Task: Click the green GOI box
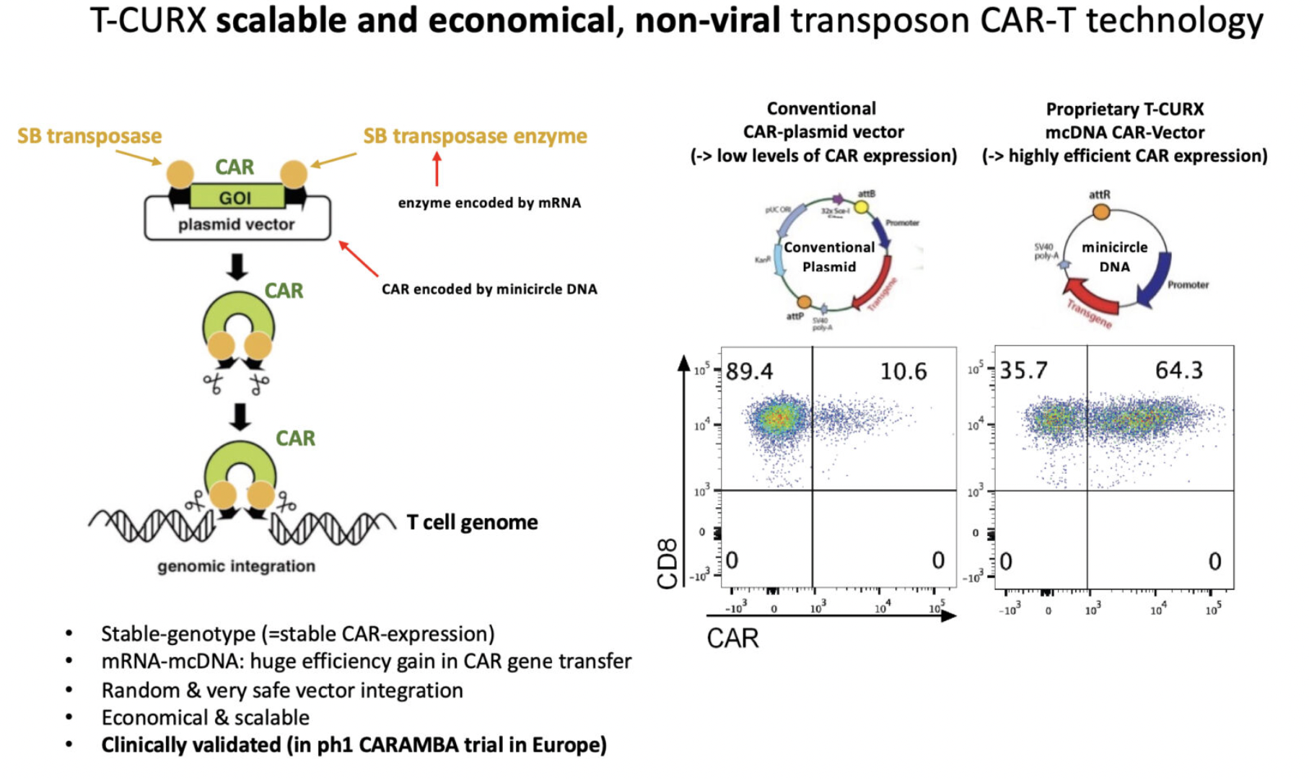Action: (236, 197)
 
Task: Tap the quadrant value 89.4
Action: (749, 371)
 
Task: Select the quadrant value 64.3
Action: (1179, 370)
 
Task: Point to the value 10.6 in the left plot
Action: (903, 371)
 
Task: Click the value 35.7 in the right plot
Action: (1023, 370)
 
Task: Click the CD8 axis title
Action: (667, 563)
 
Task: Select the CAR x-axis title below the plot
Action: (732, 638)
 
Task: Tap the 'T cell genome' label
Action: (472, 521)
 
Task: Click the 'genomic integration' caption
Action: (236, 566)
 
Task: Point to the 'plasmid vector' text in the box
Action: (236, 224)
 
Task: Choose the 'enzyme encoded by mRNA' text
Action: (489, 203)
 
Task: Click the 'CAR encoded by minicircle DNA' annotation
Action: (489, 289)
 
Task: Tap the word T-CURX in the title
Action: (148, 20)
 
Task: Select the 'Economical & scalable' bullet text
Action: (205, 718)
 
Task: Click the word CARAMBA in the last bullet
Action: (408, 745)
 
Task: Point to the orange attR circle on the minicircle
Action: (1100, 211)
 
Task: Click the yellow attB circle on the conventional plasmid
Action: (862, 208)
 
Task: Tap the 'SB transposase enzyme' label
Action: (475, 136)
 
